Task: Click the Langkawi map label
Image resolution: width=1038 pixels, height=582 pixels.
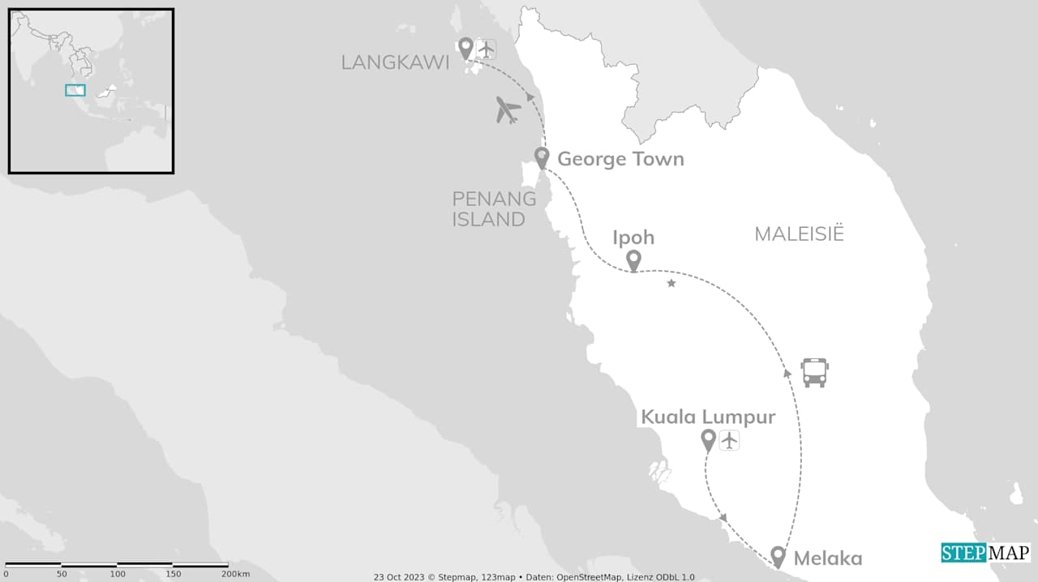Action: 395,62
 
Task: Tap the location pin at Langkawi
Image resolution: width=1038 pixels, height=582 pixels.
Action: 465,48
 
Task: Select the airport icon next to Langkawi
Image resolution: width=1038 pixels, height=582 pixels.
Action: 486,49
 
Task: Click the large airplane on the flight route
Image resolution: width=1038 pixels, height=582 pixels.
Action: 508,109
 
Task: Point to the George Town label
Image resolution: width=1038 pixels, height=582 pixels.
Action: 620,159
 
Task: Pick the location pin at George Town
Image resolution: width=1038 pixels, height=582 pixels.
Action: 542,157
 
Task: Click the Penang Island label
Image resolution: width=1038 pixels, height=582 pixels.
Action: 494,208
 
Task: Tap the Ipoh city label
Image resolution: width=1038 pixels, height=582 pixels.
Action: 634,238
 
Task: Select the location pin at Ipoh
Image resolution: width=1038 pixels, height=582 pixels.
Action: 633,260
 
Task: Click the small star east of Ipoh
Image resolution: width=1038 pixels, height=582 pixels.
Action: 671,283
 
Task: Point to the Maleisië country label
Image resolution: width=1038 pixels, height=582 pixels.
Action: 799,234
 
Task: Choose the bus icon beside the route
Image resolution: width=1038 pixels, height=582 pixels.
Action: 814,372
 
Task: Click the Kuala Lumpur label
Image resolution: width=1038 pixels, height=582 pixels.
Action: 708,417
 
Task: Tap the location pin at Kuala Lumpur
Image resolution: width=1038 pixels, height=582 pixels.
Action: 708,440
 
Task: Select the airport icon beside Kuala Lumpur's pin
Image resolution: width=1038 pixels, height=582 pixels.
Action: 729,440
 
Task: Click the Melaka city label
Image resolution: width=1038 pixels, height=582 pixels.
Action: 827,558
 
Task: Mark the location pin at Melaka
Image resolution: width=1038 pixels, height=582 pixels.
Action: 778,556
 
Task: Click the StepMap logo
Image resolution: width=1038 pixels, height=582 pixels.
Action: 985,553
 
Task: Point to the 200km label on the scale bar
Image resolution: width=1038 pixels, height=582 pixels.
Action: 236,574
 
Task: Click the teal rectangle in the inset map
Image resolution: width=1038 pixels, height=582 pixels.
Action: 75,90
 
